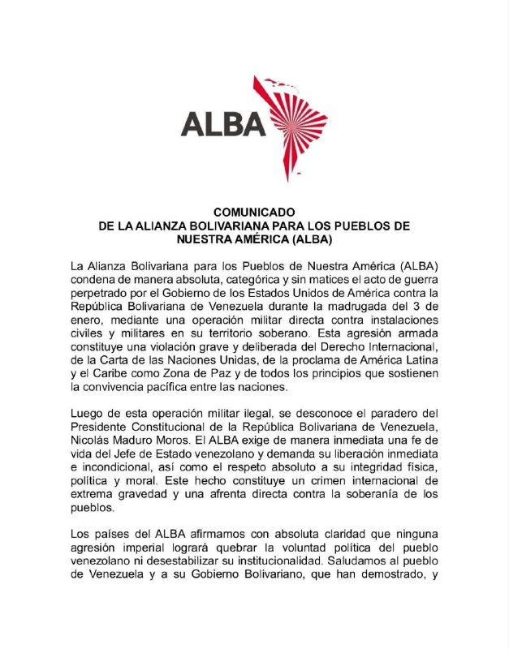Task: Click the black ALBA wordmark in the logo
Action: (223, 124)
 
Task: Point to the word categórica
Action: (222, 280)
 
